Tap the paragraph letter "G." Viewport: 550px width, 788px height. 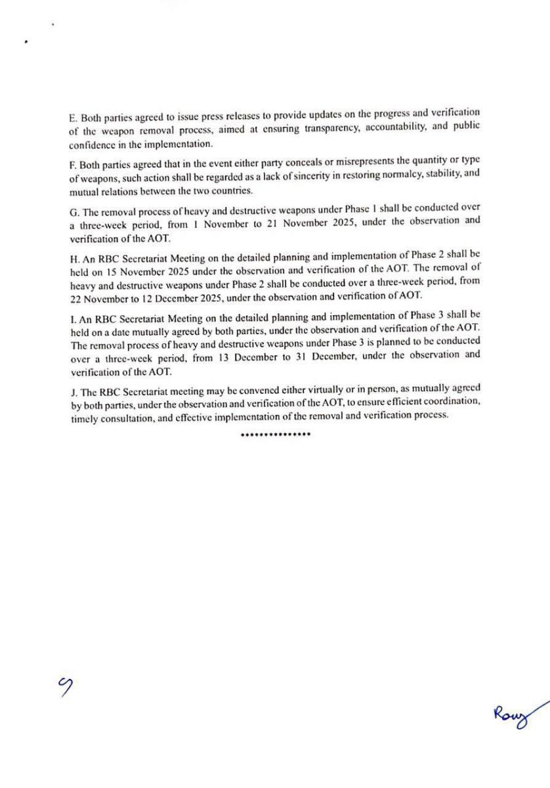click(74, 208)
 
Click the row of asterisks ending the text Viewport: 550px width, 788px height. click(276, 435)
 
